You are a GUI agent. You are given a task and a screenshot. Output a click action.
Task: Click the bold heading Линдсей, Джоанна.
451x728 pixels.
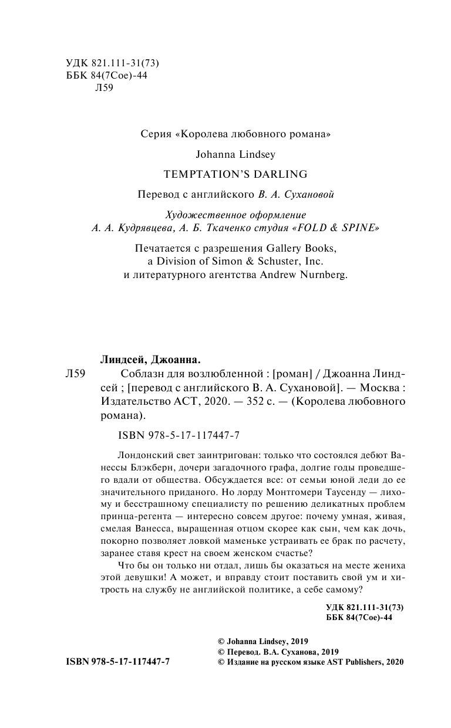point(143,359)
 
